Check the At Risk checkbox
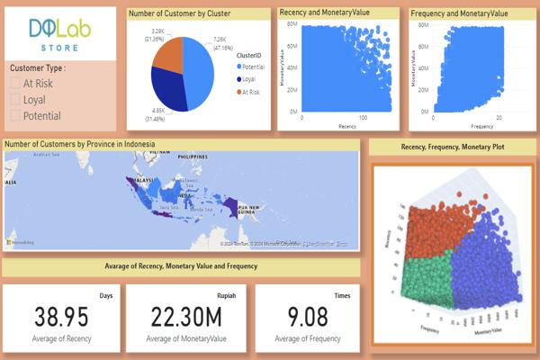click(x=15, y=84)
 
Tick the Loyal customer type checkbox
click(x=15, y=100)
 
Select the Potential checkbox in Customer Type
click(x=15, y=116)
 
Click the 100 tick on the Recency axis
click(x=364, y=118)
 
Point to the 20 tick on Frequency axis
click(x=499, y=118)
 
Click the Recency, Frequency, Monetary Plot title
click(x=454, y=146)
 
